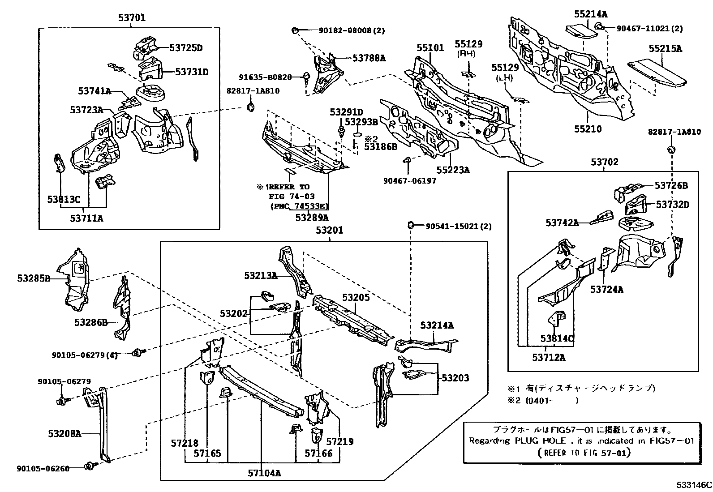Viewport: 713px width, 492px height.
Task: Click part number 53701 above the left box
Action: coord(132,18)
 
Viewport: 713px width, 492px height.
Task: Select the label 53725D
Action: coord(186,48)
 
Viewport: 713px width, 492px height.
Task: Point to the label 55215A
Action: coord(665,49)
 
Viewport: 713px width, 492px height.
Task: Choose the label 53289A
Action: coord(312,218)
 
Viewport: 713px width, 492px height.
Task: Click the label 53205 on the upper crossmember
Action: coord(356,297)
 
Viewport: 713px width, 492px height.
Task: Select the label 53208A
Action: coord(64,433)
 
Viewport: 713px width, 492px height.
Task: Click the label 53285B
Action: coord(34,278)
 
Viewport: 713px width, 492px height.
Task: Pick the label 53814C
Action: coord(557,338)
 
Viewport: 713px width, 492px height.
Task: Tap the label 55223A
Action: coord(453,170)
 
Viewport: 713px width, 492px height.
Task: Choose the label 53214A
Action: coord(437,325)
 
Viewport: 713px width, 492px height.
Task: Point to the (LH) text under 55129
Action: coord(505,77)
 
